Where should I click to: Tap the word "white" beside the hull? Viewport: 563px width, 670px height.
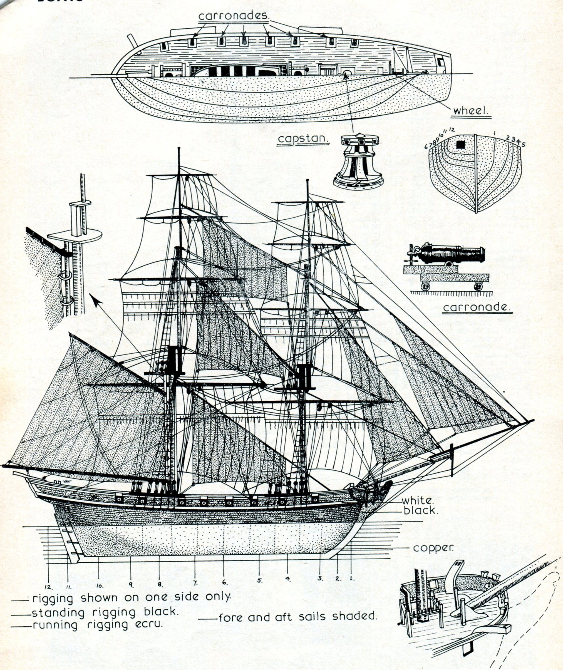coord(417,500)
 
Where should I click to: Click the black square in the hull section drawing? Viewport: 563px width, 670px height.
coord(460,145)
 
